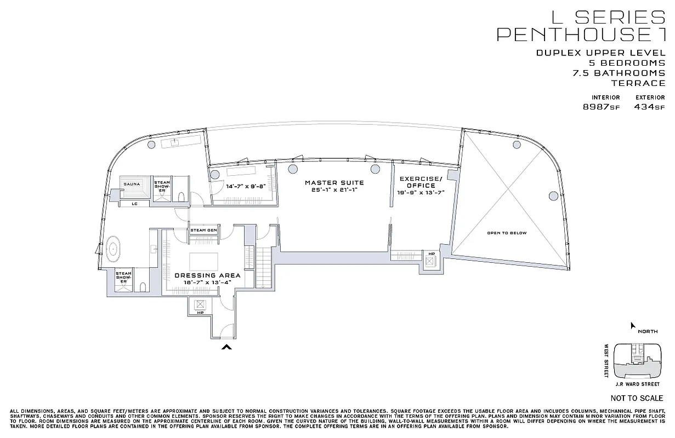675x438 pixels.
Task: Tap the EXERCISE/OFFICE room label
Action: [420, 182]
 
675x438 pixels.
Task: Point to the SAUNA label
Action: [132, 184]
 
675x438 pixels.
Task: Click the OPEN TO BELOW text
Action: [507, 233]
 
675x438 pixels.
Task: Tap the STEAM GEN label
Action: [203, 230]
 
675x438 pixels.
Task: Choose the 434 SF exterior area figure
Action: [649, 107]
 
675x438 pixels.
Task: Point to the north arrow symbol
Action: [633, 326]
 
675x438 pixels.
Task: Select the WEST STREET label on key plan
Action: [607, 361]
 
